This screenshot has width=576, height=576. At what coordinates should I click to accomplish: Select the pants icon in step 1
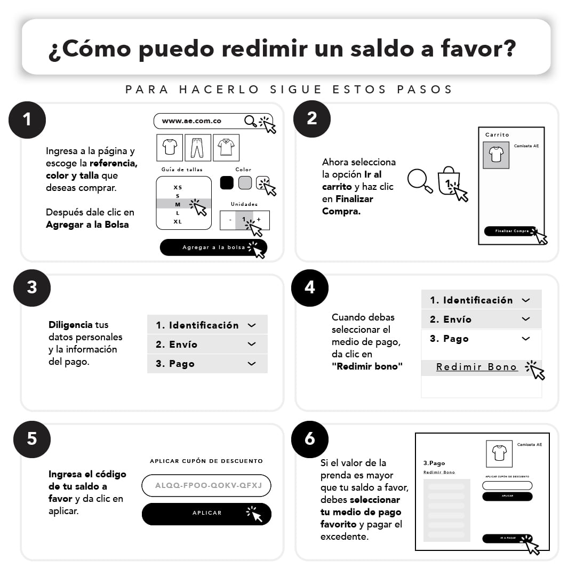tap(197, 148)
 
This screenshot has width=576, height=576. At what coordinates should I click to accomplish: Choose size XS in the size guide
tap(178, 187)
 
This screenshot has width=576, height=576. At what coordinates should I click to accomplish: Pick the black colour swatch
tap(227, 182)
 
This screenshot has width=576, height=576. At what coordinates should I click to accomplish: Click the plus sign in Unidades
tap(259, 220)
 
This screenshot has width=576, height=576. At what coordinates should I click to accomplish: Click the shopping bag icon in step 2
tap(449, 181)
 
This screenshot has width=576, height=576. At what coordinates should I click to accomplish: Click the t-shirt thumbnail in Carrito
tap(496, 155)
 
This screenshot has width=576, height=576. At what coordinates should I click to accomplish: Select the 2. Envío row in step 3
tap(207, 345)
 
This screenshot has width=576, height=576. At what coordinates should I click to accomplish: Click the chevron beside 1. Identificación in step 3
tap(252, 325)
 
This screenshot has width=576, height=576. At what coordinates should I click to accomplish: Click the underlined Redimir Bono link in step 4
tap(477, 367)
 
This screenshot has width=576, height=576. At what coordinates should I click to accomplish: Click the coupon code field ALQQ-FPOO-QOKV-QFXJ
tap(206, 486)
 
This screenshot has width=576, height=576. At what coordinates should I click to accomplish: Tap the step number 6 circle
tap(310, 439)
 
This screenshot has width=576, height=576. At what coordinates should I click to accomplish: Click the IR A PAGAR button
tap(507, 538)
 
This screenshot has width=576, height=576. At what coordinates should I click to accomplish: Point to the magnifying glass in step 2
tap(419, 180)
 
